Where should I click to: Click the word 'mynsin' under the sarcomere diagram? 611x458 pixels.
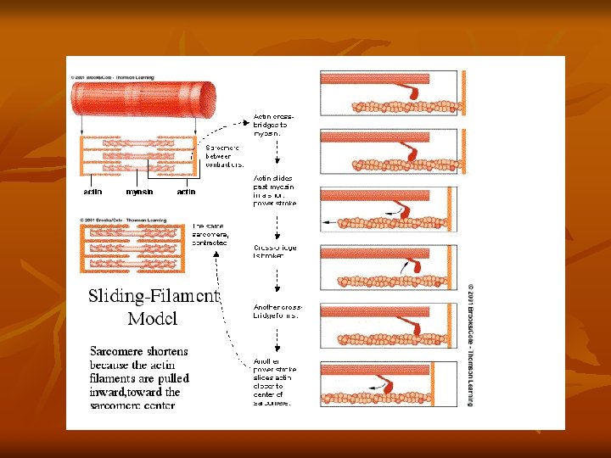click(139, 192)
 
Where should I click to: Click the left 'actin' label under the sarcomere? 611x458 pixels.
click(92, 192)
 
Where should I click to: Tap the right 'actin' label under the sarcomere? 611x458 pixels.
click(186, 192)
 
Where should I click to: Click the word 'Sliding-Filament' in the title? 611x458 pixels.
click(154, 297)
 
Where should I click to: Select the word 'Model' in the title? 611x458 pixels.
click(152, 319)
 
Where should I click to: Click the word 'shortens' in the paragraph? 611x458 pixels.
click(165, 351)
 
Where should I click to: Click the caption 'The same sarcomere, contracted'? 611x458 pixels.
click(210, 234)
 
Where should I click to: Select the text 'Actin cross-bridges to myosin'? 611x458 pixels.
click(275, 125)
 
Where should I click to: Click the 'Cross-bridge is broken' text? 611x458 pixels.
click(275, 252)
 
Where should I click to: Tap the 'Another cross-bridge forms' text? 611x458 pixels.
click(277, 310)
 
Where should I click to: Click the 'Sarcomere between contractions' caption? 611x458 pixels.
click(225, 156)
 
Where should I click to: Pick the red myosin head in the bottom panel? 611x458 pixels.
click(415, 383)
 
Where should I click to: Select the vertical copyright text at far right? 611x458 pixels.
click(472, 343)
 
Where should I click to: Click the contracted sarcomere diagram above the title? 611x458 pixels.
click(135, 249)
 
